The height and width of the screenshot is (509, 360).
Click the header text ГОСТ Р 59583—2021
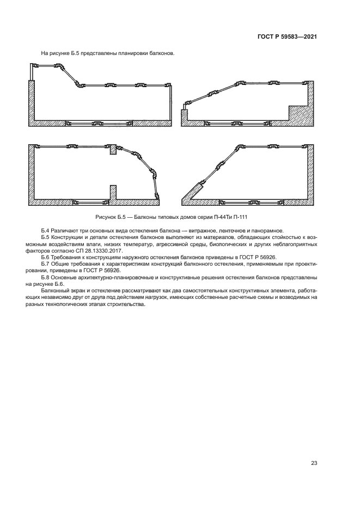(287, 37)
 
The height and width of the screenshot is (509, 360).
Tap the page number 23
(314, 463)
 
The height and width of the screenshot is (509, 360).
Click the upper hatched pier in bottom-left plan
(113, 151)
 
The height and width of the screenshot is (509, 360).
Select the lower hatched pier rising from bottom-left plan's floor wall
(113, 193)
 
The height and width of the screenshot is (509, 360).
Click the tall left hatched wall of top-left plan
(32, 102)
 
